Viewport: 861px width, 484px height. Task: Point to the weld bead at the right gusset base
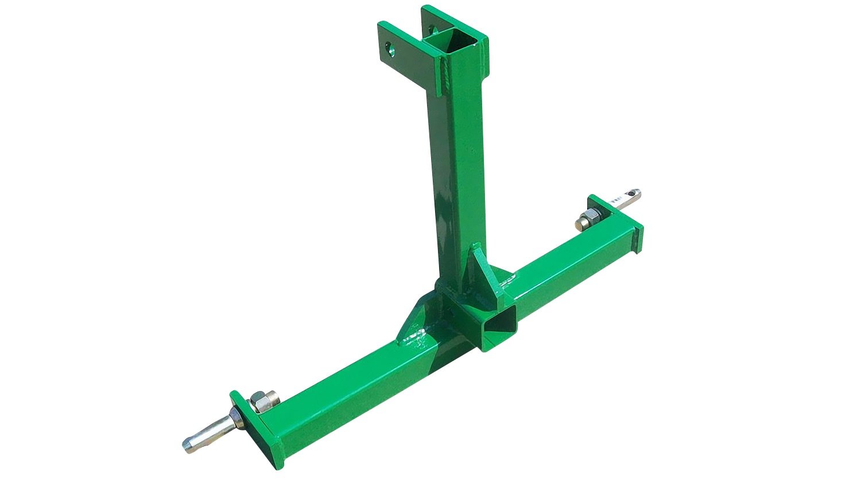pyautogui.click(x=508, y=281)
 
